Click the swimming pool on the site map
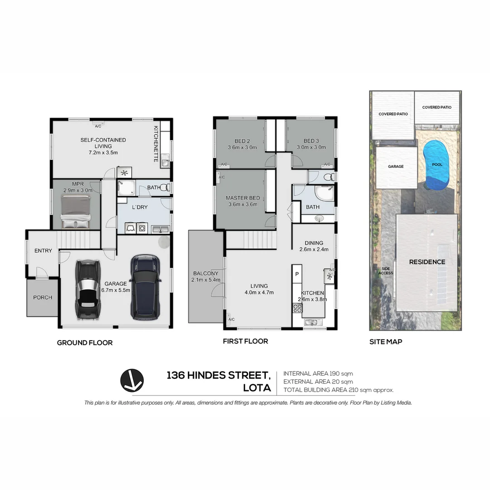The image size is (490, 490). pos(435,166)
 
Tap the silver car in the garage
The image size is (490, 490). pos(87,289)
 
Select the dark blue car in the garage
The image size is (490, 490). pos(144,286)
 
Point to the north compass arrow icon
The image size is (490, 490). pos(132,380)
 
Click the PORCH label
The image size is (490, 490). pos(43,298)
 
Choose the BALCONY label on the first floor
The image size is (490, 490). pos(206,273)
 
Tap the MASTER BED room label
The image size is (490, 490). pos(243,198)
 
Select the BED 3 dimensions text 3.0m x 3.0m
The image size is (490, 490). pos(311,147)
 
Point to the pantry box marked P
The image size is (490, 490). pos(297,274)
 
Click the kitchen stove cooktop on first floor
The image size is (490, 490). pos(297,308)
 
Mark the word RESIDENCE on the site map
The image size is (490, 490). pos(427,262)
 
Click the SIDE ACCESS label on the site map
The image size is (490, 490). pos(386,271)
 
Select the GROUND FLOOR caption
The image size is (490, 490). pos(84,343)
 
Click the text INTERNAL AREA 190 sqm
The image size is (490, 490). pos(318,373)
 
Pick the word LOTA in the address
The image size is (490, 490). pos(257,388)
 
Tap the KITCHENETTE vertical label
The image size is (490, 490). pos(156,144)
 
